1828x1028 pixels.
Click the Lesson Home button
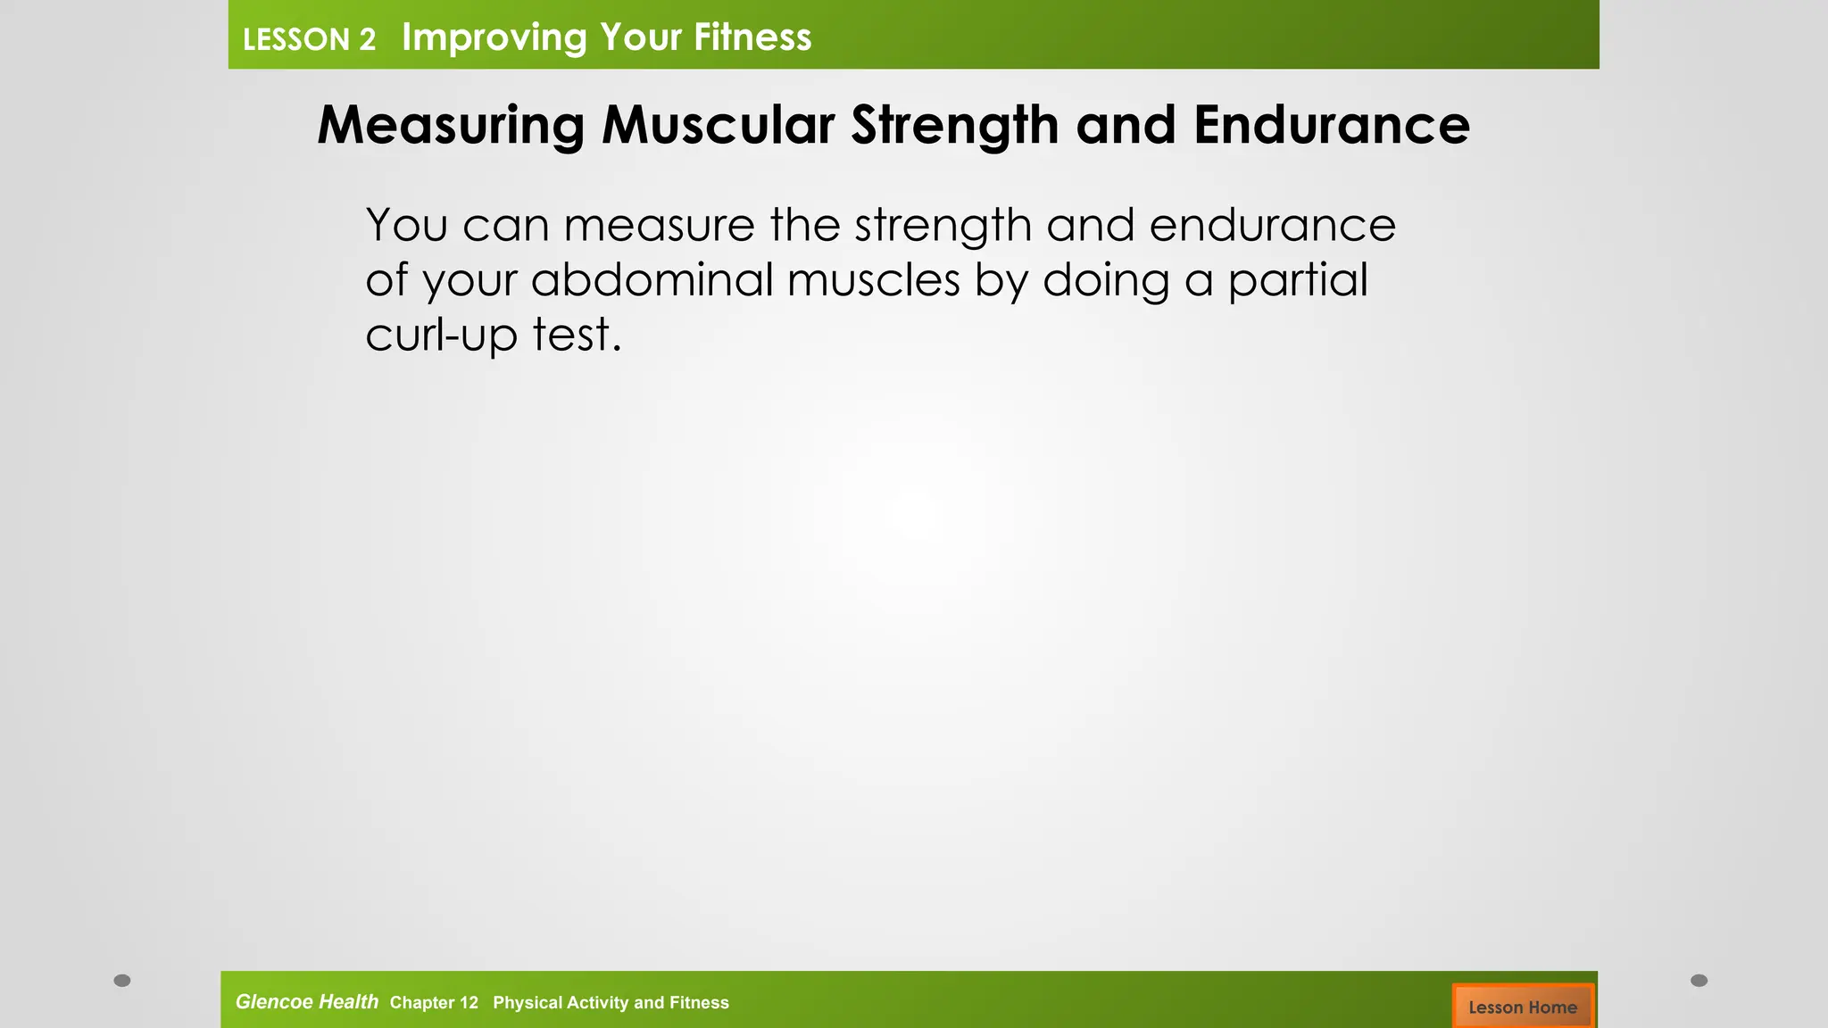(1522, 1007)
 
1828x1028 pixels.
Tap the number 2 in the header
(367, 40)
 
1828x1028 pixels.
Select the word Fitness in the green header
(752, 37)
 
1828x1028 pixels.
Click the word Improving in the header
(494, 37)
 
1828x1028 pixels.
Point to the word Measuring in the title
(451, 125)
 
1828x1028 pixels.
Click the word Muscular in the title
(718, 125)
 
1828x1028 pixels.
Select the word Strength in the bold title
(954, 125)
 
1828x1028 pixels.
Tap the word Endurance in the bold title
(1331, 125)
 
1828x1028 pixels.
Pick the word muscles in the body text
(873, 280)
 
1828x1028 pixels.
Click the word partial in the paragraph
(1297, 280)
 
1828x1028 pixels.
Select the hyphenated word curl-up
(441, 336)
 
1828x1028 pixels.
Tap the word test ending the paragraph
(576, 336)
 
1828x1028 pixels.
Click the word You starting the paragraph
(406, 225)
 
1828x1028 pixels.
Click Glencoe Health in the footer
(306, 1002)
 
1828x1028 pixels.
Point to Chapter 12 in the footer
(434, 1003)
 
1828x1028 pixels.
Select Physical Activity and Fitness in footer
(611, 1003)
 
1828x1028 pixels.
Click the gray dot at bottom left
(122, 981)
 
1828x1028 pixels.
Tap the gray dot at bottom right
(1699, 981)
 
